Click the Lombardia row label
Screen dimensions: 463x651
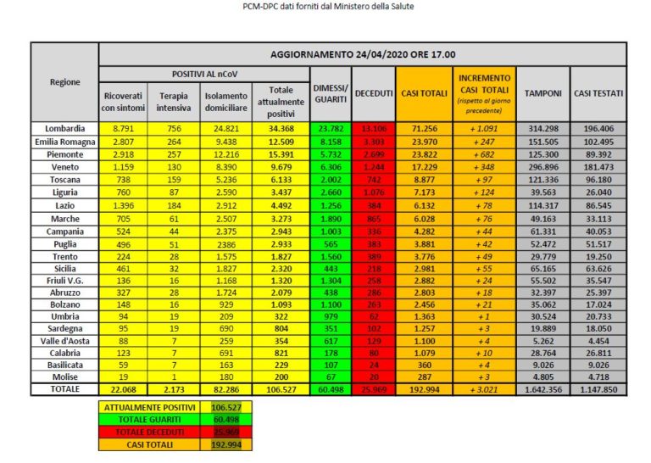coord(64,127)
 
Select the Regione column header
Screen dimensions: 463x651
coord(64,82)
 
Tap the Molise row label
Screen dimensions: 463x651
coord(64,376)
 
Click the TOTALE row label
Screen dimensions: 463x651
coord(64,390)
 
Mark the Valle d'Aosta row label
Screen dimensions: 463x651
coord(64,340)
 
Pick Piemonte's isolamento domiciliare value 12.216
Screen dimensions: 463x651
coord(225,155)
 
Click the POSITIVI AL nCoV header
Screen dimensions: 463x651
coord(204,75)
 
